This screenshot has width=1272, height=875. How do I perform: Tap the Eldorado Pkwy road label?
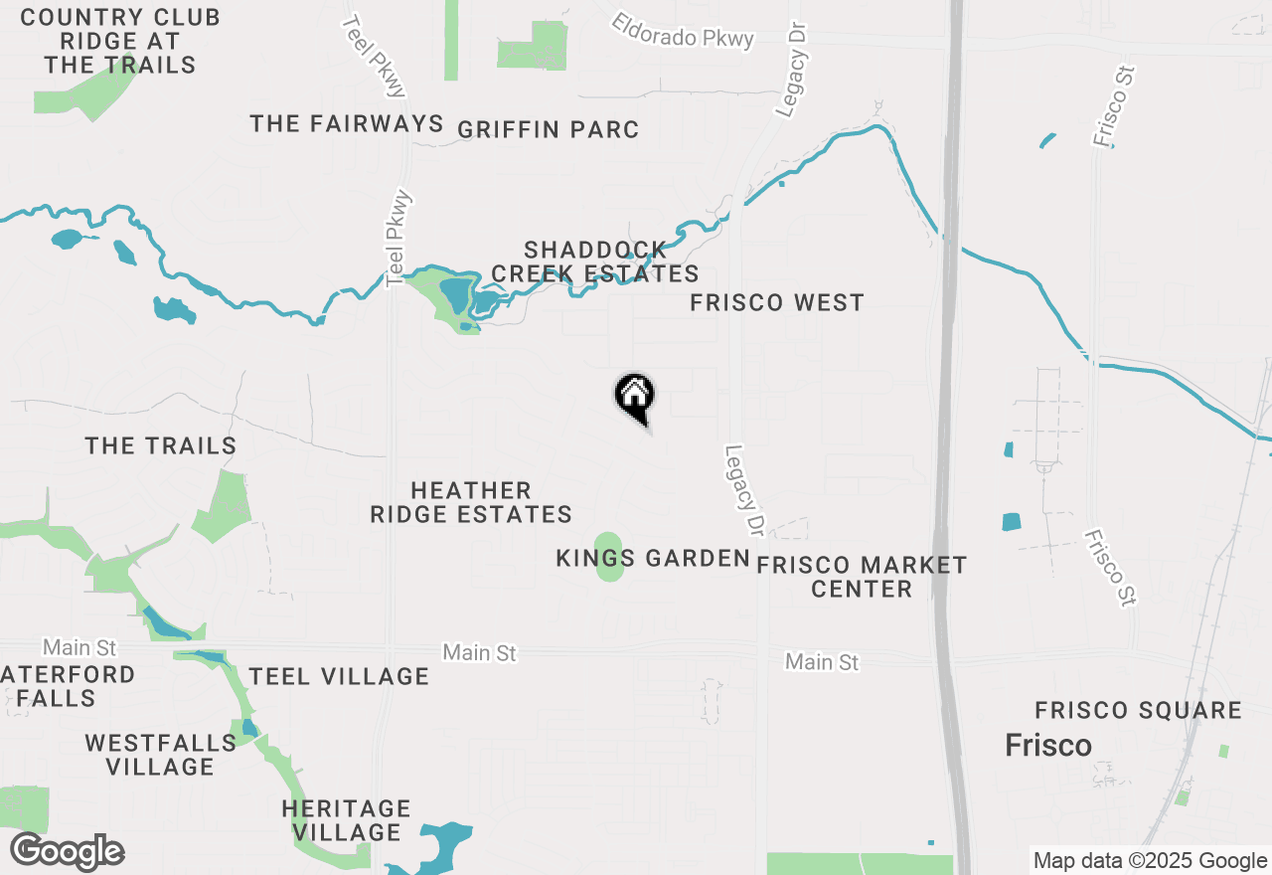683,30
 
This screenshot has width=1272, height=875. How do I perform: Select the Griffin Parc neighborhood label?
548,130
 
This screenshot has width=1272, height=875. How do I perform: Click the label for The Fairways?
346,123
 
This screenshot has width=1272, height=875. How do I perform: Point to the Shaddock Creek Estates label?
595,262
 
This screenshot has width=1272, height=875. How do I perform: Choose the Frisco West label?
777,303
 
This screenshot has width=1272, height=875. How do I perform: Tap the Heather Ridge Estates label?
471,502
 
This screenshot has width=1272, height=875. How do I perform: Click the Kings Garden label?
652,559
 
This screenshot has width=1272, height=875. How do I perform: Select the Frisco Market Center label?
862,577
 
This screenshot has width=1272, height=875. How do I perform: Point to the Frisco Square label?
1138,711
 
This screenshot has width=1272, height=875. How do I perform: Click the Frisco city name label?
1047,745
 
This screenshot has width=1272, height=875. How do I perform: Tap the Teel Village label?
339,677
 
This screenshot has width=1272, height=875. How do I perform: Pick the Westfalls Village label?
160,755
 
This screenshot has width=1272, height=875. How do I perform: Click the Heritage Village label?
346,820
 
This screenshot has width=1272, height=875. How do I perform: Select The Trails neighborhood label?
161,445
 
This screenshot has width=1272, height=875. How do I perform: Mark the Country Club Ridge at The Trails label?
120,42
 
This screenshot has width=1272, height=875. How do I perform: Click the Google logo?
67,852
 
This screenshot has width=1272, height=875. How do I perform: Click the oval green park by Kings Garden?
609,557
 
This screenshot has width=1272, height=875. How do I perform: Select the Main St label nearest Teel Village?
480,653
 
